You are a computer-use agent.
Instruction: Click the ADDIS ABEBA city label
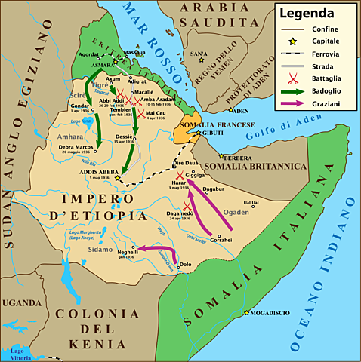point(94,172)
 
